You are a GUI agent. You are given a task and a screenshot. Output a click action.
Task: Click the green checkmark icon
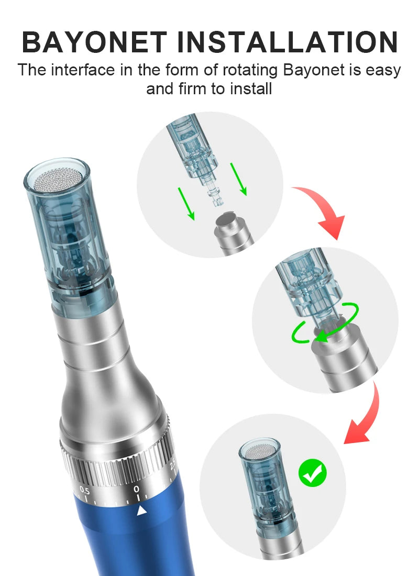point(313,473)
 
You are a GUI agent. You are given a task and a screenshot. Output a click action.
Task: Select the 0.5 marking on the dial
point(84,491)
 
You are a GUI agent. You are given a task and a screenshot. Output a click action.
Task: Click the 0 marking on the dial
point(137,489)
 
